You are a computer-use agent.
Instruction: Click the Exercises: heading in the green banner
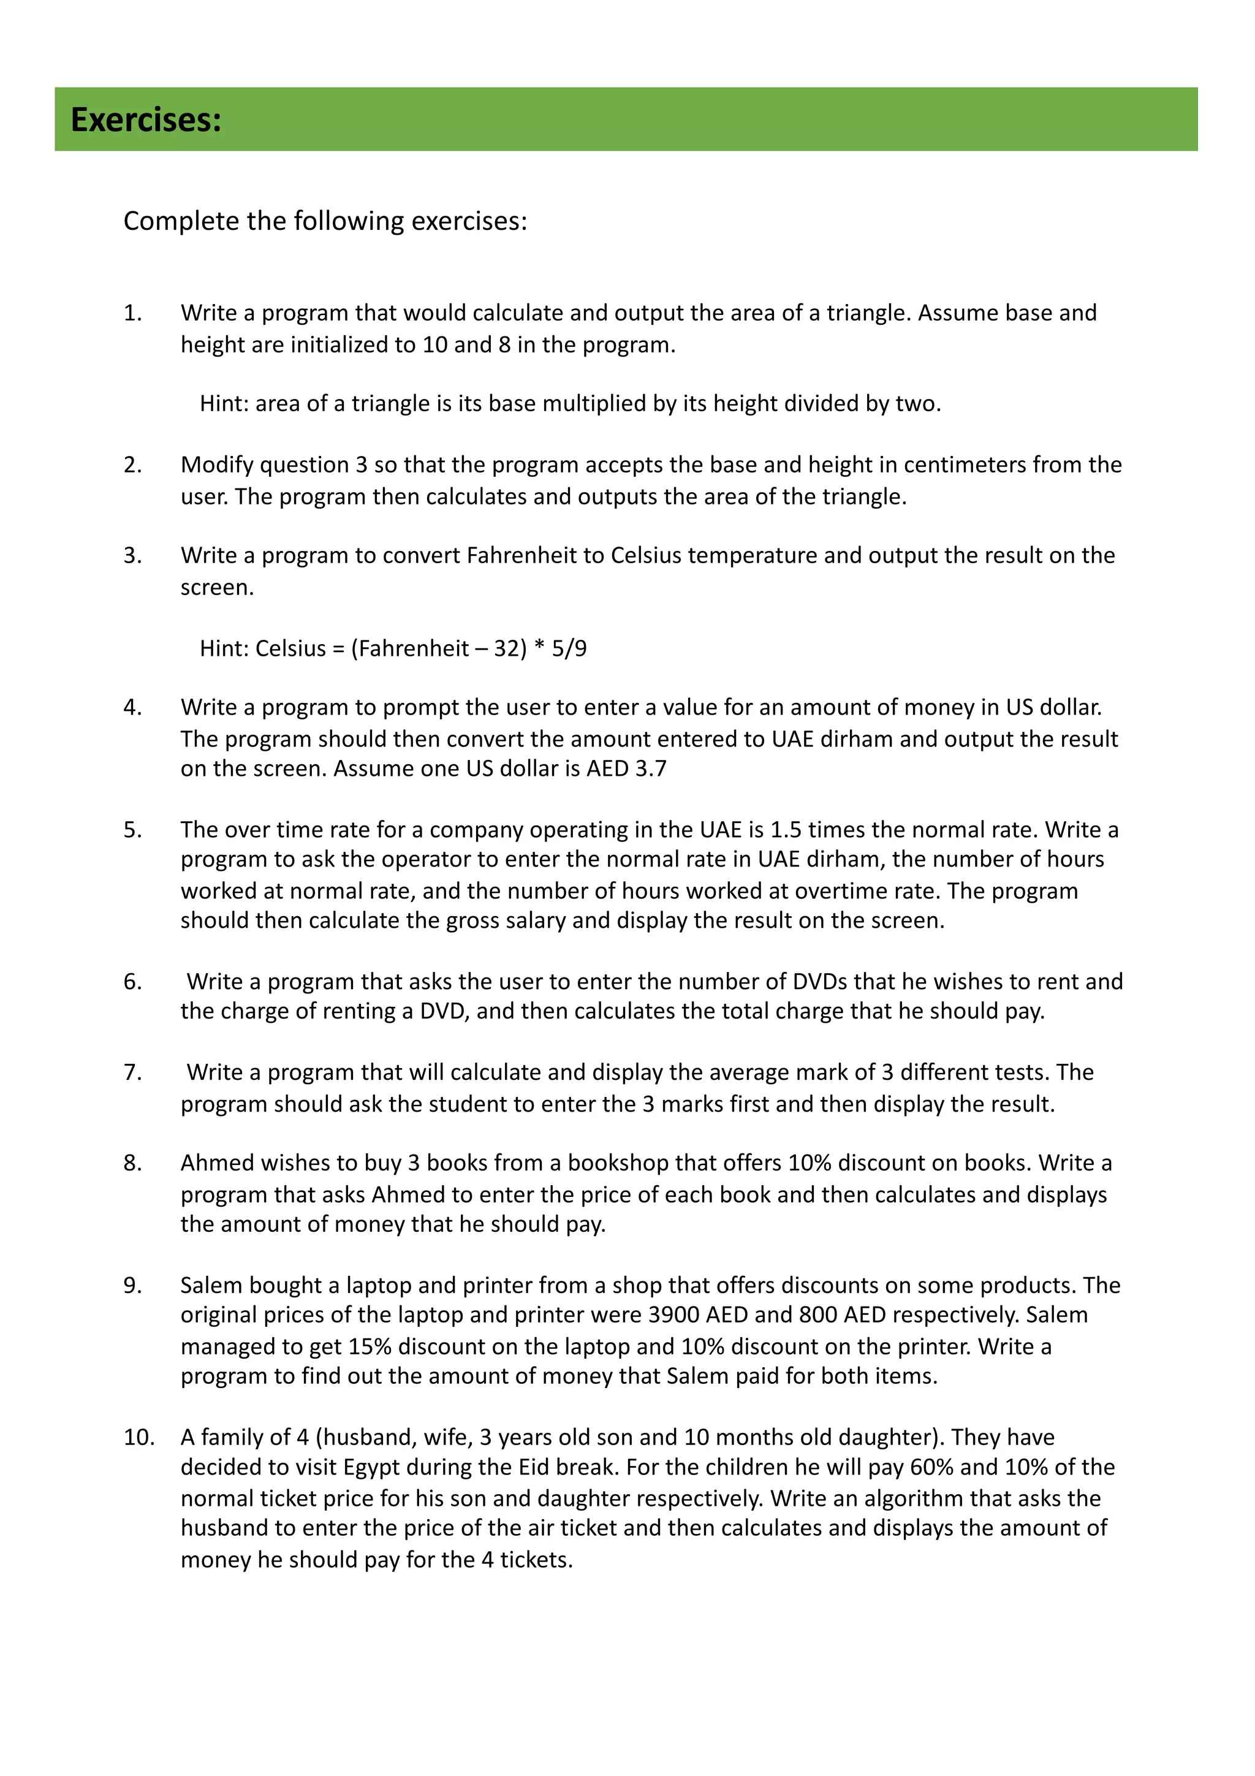146,120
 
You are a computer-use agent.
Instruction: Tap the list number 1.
132,313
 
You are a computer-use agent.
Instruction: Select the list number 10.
138,1437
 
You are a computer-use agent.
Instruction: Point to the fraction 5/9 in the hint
569,648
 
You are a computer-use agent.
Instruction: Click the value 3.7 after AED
651,769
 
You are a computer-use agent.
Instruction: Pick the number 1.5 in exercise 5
786,830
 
